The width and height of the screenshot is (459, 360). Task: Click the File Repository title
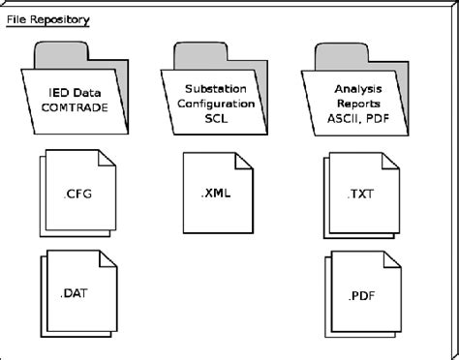point(47,18)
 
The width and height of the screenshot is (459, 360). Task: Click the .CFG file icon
point(79,193)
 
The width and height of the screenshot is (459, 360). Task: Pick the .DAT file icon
point(79,289)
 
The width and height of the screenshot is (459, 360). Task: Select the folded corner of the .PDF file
point(391,259)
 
